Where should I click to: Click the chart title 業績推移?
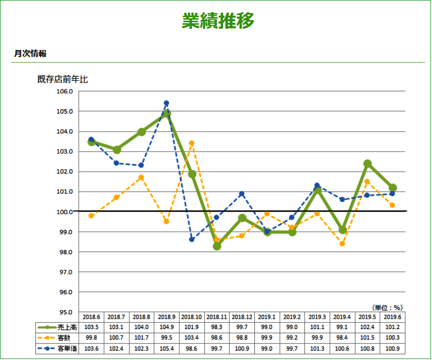218,21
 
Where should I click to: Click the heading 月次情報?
30,54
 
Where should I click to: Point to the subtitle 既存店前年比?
63,79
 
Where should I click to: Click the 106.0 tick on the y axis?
64,91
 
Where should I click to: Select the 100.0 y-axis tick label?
64,212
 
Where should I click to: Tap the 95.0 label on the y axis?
64,312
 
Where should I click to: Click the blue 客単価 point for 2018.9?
167,103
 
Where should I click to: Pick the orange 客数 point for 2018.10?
192,143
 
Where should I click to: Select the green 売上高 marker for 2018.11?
217,246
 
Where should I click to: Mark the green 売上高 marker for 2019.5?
367,164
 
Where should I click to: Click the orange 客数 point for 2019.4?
342,244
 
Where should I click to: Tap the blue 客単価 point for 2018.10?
192,239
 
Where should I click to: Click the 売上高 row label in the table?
67,328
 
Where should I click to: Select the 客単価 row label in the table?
67,348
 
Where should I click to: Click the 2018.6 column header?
91,317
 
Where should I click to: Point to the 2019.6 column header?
393,317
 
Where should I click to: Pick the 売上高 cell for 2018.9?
167,328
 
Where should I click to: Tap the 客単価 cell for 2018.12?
242,348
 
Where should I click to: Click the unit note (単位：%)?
388,307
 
